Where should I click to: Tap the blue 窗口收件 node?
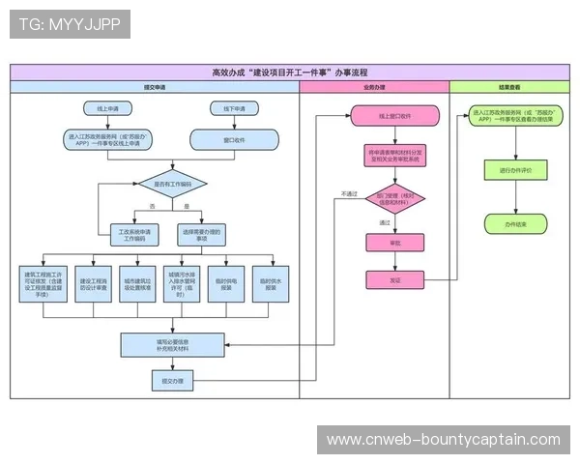coord(236,139)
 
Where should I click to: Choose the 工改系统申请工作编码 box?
coord(136,233)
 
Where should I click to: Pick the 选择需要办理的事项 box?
coord(202,233)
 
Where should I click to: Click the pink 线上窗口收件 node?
coord(394,117)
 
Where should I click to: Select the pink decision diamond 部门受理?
coord(394,199)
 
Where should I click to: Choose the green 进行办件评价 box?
coord(508,170)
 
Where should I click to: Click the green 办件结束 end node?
coord(508,223)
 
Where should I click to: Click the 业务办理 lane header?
coord(374,87)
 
